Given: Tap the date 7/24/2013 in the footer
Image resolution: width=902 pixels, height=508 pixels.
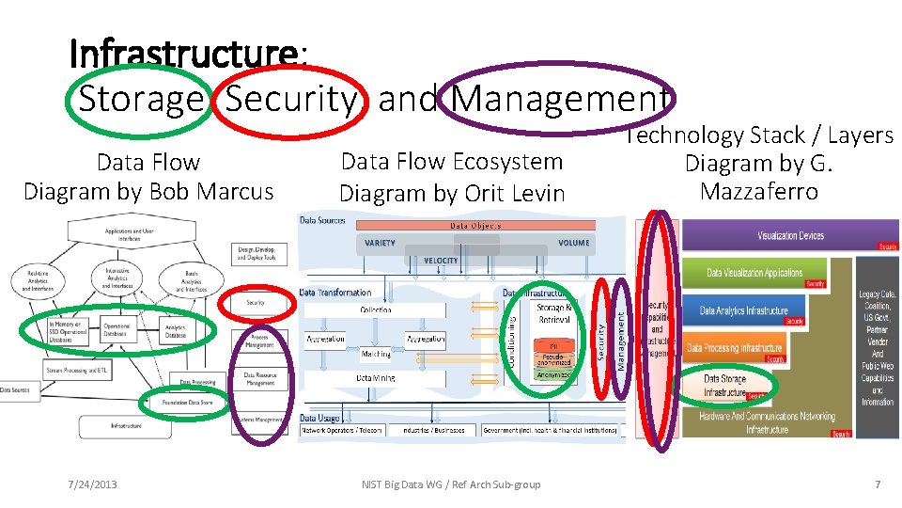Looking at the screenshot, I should (92, 484).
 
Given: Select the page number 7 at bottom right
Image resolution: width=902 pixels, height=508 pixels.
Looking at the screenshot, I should (878, 484).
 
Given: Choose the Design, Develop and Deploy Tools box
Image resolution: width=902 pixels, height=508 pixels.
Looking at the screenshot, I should (257, 254).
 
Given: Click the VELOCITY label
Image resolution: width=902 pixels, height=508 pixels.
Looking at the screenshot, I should (441, 260).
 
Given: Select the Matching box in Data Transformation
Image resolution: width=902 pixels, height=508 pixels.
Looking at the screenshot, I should (376, 355).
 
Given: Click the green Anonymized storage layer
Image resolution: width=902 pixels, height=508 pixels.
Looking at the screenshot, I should (553, 374).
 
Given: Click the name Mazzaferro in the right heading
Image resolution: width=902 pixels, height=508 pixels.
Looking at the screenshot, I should (758, 192).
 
